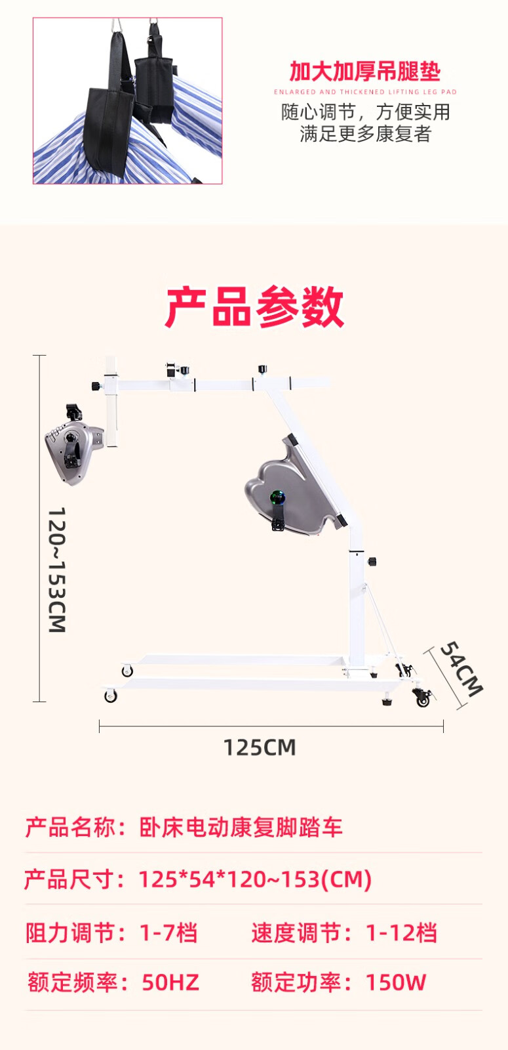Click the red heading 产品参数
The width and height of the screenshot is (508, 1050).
[x=254, y=307]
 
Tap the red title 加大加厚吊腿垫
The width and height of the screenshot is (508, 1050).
[x=365, y=71]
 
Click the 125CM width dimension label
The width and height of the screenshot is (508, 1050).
[x=260, y=747]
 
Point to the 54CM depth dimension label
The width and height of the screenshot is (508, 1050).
[x=461, y=668]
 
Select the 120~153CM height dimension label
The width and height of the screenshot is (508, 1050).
[x=57, y=570]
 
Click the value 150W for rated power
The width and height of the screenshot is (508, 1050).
[x=395, y=982]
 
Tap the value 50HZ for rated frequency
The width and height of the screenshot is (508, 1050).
[x=170, y=982]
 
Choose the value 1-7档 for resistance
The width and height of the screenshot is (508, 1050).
[x=168, y=933]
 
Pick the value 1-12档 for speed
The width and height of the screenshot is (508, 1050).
[x=401, y=933]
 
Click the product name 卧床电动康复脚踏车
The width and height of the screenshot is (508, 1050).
[x=241, y=827]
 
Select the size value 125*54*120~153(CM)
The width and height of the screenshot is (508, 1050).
[x=255, y=879]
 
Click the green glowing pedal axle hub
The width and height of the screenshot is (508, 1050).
[x=278, y=497]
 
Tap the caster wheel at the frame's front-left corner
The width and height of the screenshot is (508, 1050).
[x=110, y=696]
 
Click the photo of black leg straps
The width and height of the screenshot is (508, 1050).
[x=128, y=100]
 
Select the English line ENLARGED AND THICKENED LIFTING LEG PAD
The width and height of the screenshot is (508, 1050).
[x=365, y=92]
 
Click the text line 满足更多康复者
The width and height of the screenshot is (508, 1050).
[x=365, y=134]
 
